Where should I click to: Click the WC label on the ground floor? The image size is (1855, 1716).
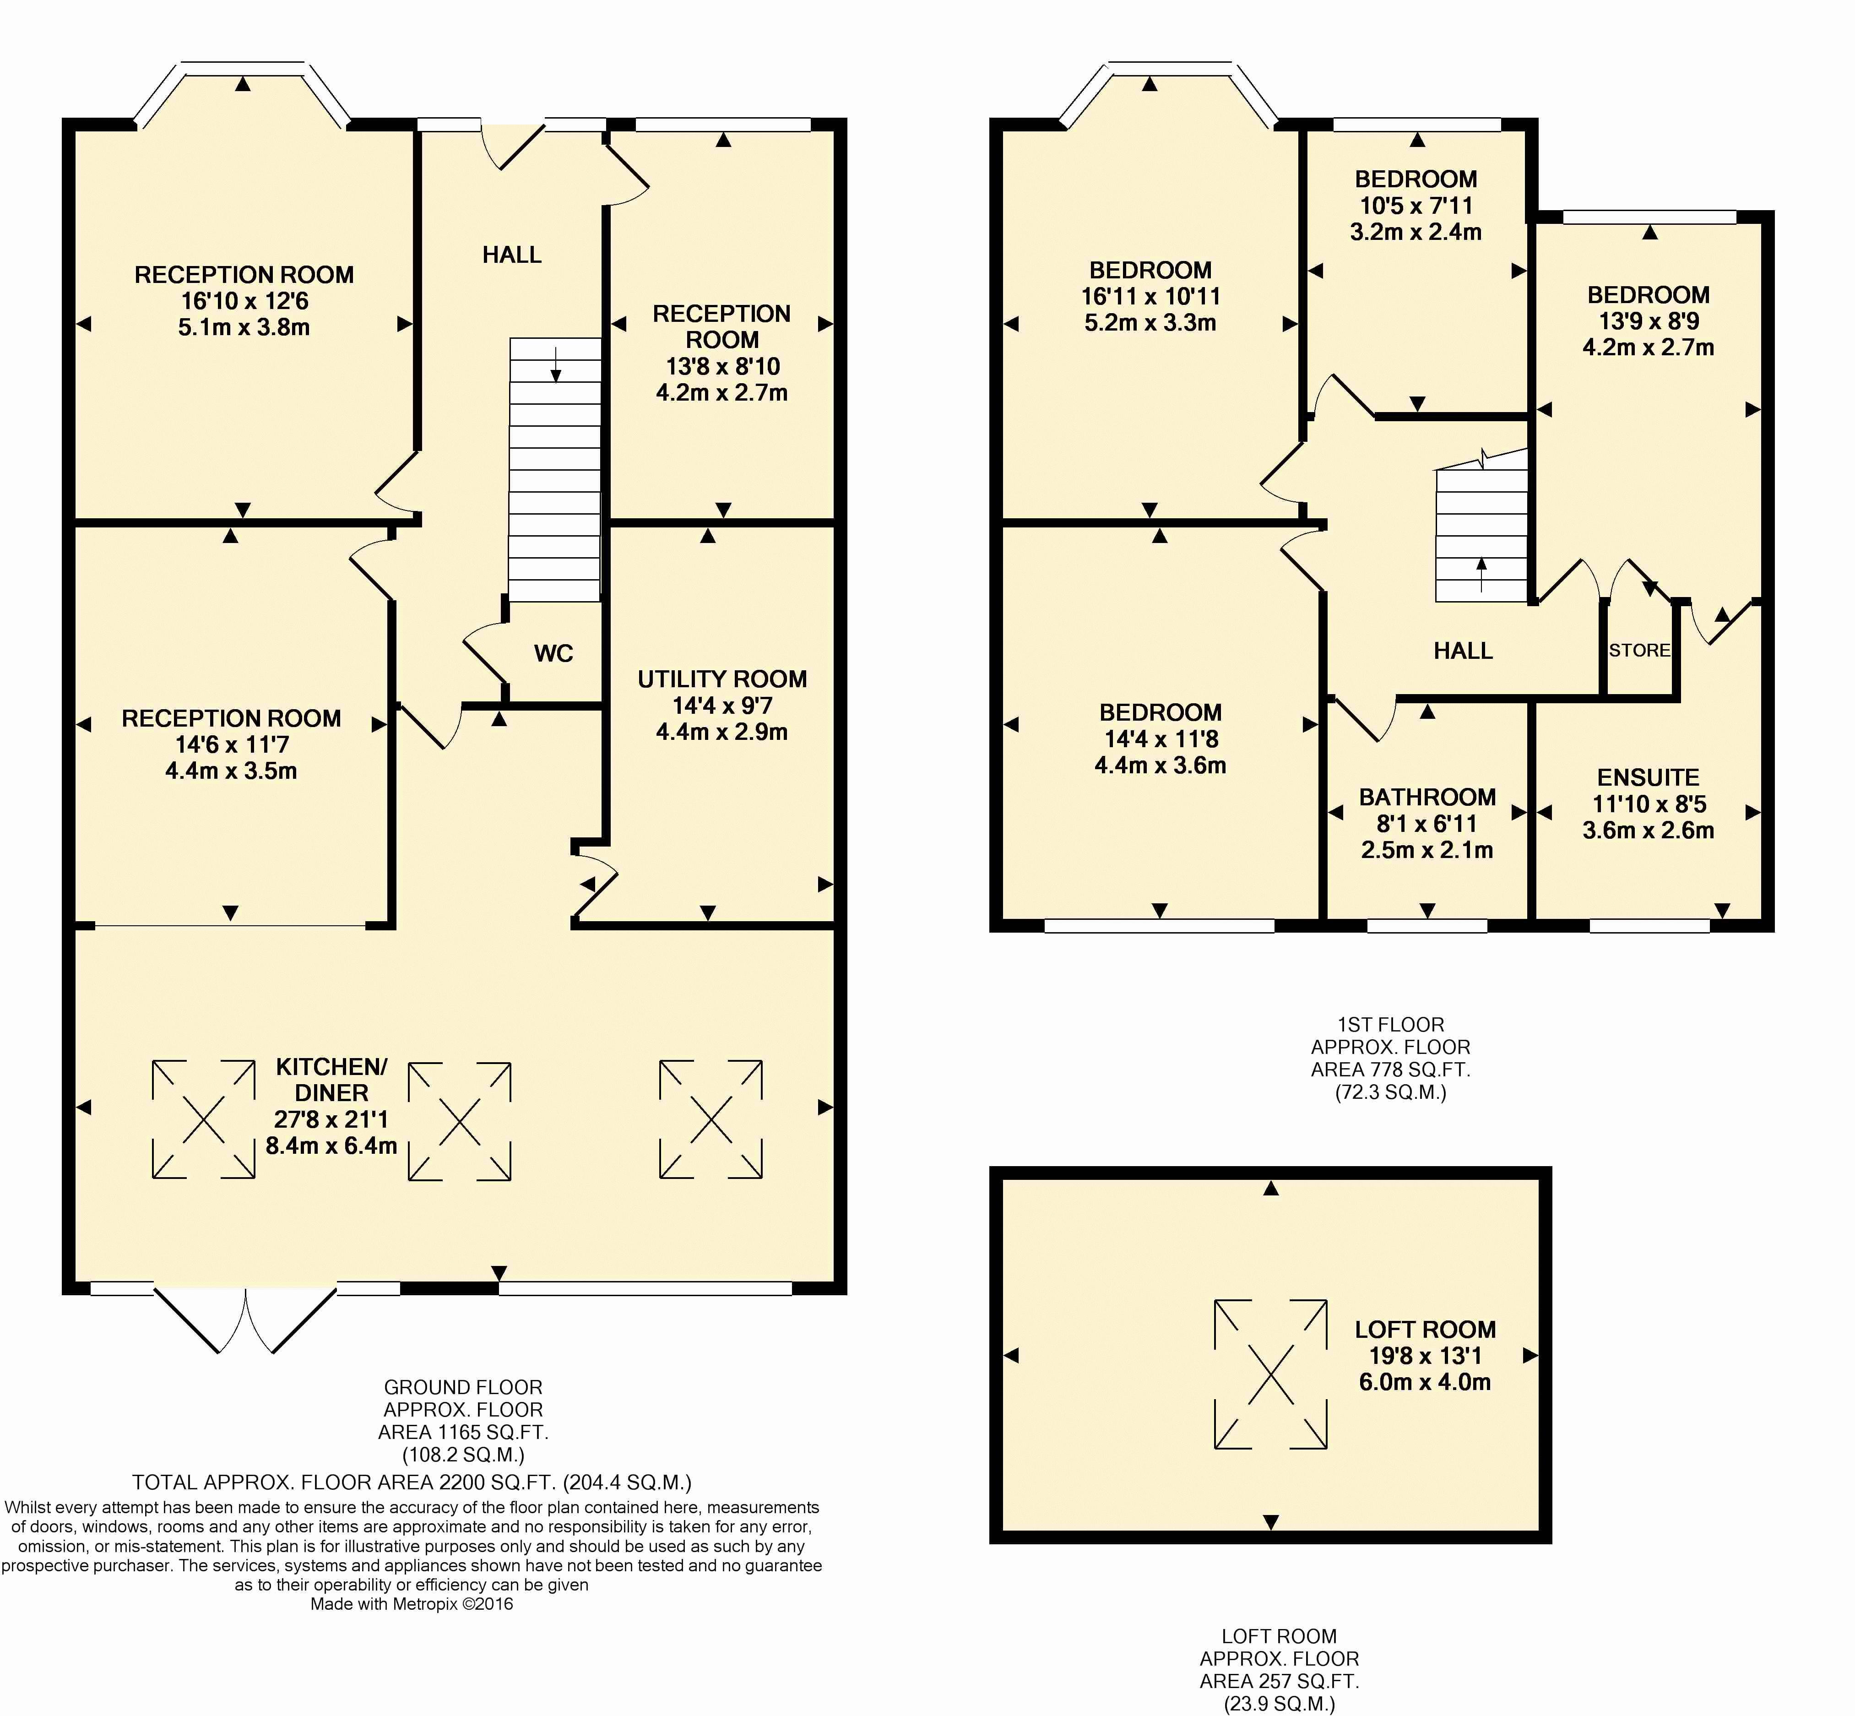553,654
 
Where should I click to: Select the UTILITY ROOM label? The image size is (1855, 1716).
722,679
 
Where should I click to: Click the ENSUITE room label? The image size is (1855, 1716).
1648,777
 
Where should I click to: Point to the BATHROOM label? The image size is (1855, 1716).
1427,797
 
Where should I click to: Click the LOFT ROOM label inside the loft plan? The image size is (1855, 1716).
1425,1330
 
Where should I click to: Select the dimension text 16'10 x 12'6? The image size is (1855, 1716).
244,301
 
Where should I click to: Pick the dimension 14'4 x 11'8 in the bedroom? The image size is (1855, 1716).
1161,739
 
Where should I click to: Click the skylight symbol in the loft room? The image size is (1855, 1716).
1271,1374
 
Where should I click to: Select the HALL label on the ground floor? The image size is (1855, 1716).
511,255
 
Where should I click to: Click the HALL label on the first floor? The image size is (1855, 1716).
1463,651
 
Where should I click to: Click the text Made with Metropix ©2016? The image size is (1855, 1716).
411,1604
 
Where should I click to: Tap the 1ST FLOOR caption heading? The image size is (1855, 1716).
1391,1025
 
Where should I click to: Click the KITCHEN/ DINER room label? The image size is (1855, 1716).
331,1080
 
